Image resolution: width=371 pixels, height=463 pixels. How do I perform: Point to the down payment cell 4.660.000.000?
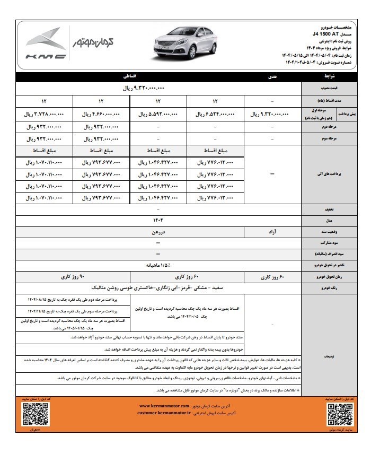[x=101, y=114]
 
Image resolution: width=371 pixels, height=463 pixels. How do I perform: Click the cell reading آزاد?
[x=272, y=232]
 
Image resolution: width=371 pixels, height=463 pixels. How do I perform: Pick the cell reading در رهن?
[x=157, y=232]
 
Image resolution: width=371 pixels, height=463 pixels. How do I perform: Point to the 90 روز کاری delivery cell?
[x=74, y=276]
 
